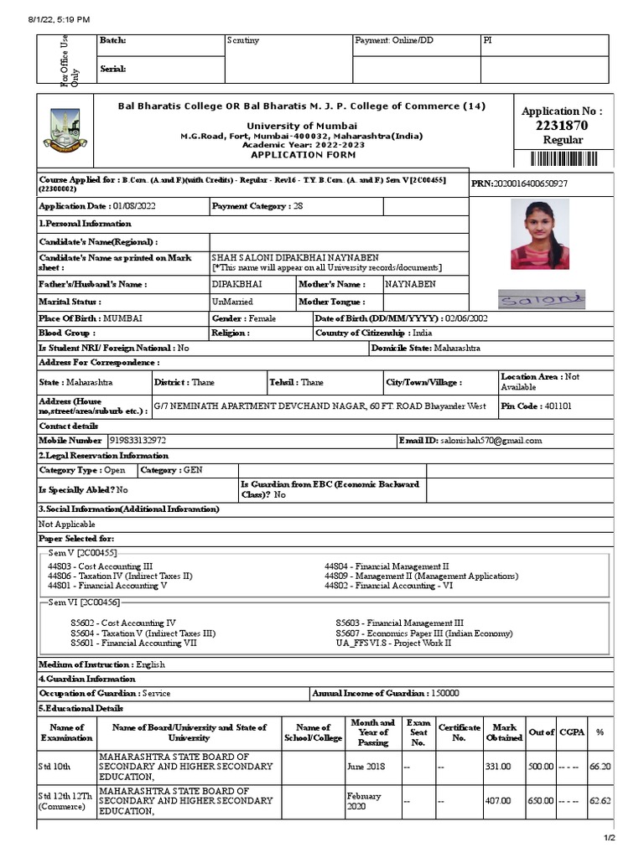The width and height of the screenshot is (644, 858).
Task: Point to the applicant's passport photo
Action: [536, 234]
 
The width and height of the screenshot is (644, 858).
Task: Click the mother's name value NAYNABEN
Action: [411, 284]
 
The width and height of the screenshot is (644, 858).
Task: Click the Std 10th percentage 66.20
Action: [600, 766]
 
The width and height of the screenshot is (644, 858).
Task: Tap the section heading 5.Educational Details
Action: [75, 708]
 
